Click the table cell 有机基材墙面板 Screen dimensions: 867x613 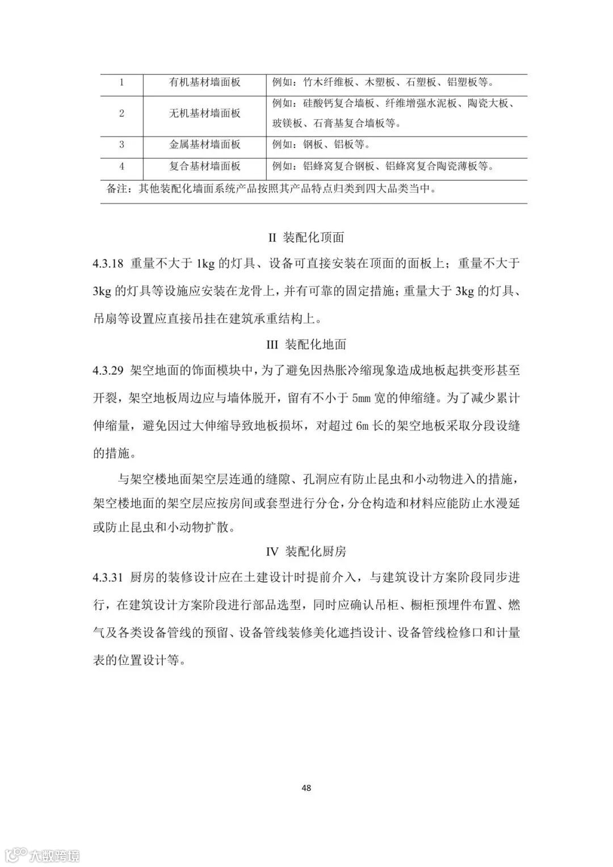click(x=205, y=82)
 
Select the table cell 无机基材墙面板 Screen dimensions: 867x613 click(x=205, y=114)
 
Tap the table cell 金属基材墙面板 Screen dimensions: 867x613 click(x=205, y=145)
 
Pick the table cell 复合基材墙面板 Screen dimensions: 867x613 click(x=205, y=166)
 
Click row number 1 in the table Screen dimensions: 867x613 click(x=121, y=82)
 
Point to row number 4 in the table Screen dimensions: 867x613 click(x=121, y=166)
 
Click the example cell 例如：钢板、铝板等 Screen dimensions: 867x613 click(x=321, y=145)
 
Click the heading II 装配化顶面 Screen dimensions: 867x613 click(x=306, y=237)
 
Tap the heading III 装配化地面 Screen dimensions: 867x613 click(x=306, y=345)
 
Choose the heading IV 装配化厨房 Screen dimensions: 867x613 click(x=306, y=551)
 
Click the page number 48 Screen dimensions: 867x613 click(x=306, y=788)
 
